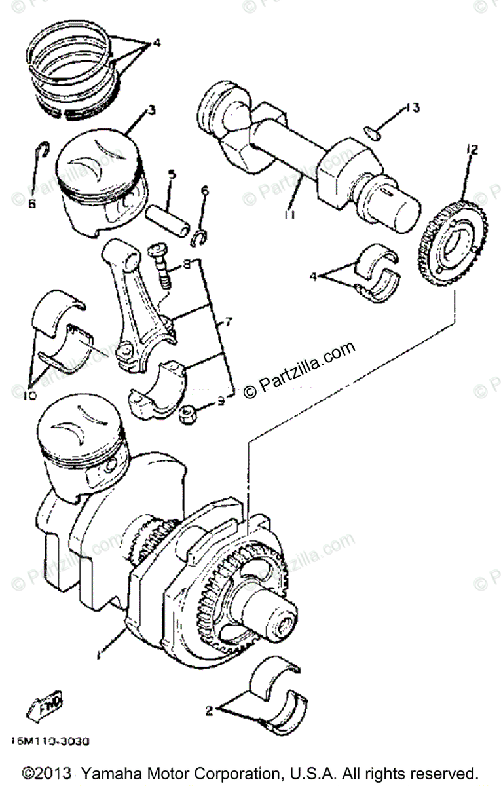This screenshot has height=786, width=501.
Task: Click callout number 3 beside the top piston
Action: pos(151,109)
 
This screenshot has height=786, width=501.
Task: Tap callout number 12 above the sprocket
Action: pos(472,150)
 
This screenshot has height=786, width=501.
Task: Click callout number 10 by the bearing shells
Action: pos(31,396)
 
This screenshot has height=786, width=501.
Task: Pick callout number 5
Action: pos(172,175)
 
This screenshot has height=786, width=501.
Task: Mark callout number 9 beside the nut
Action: pos(221,401)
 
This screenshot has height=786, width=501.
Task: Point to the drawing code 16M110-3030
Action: pos(50,742)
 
